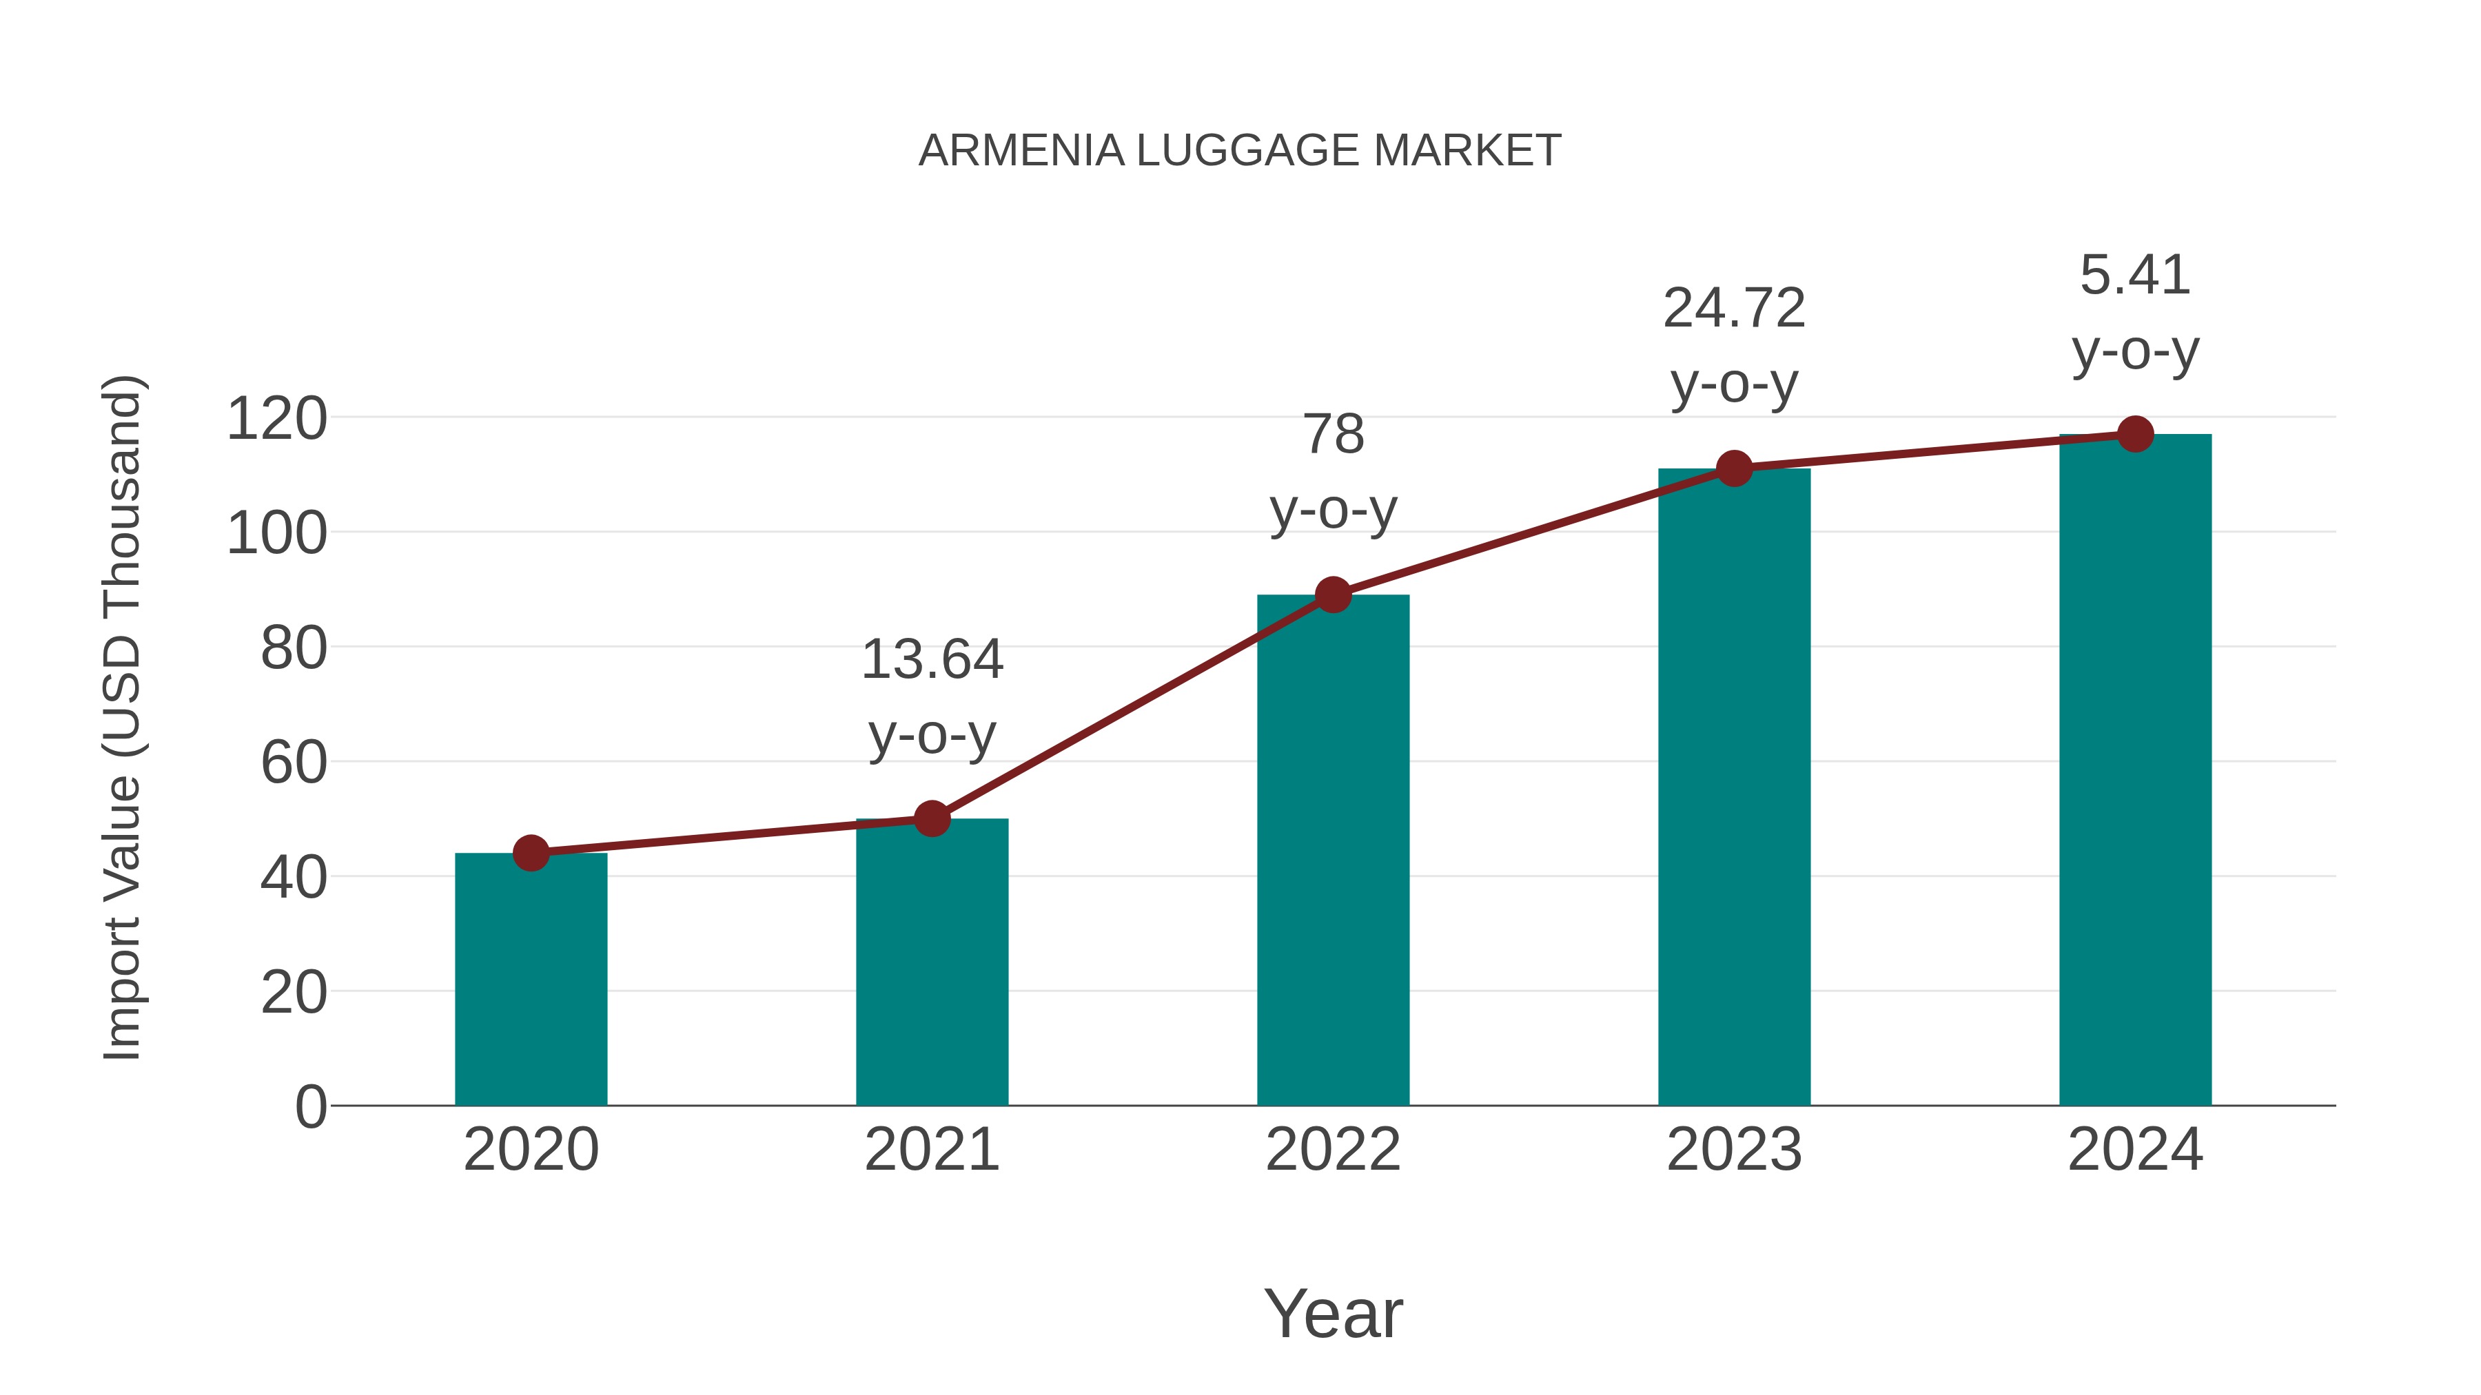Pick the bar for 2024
tap(2135, 770)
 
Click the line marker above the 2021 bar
tap(931, 819)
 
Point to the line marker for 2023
tap(1734, 469)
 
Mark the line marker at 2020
tap(531, 853)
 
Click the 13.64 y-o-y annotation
tap(931, 697)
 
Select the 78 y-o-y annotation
tap(1333, 472)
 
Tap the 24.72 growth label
tap(1734, 346)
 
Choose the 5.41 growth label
tap(2135, 312)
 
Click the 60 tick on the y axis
tap(293, 763)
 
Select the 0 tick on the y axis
tap(310, 1107)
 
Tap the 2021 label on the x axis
tap(931, 1150)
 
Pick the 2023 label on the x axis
tap(1734, 1150)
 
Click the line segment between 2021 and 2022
tap(1132, 707)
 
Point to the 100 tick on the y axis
tap(276, 535)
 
